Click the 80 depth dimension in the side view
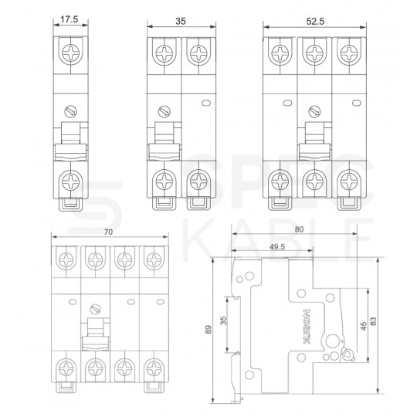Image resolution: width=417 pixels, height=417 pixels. (300, 229)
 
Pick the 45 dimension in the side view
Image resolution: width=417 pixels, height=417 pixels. (362, 326)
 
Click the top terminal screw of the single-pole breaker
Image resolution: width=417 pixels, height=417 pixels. (69, 55)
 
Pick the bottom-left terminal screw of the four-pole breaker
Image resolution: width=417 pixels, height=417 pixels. (63, 367)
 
